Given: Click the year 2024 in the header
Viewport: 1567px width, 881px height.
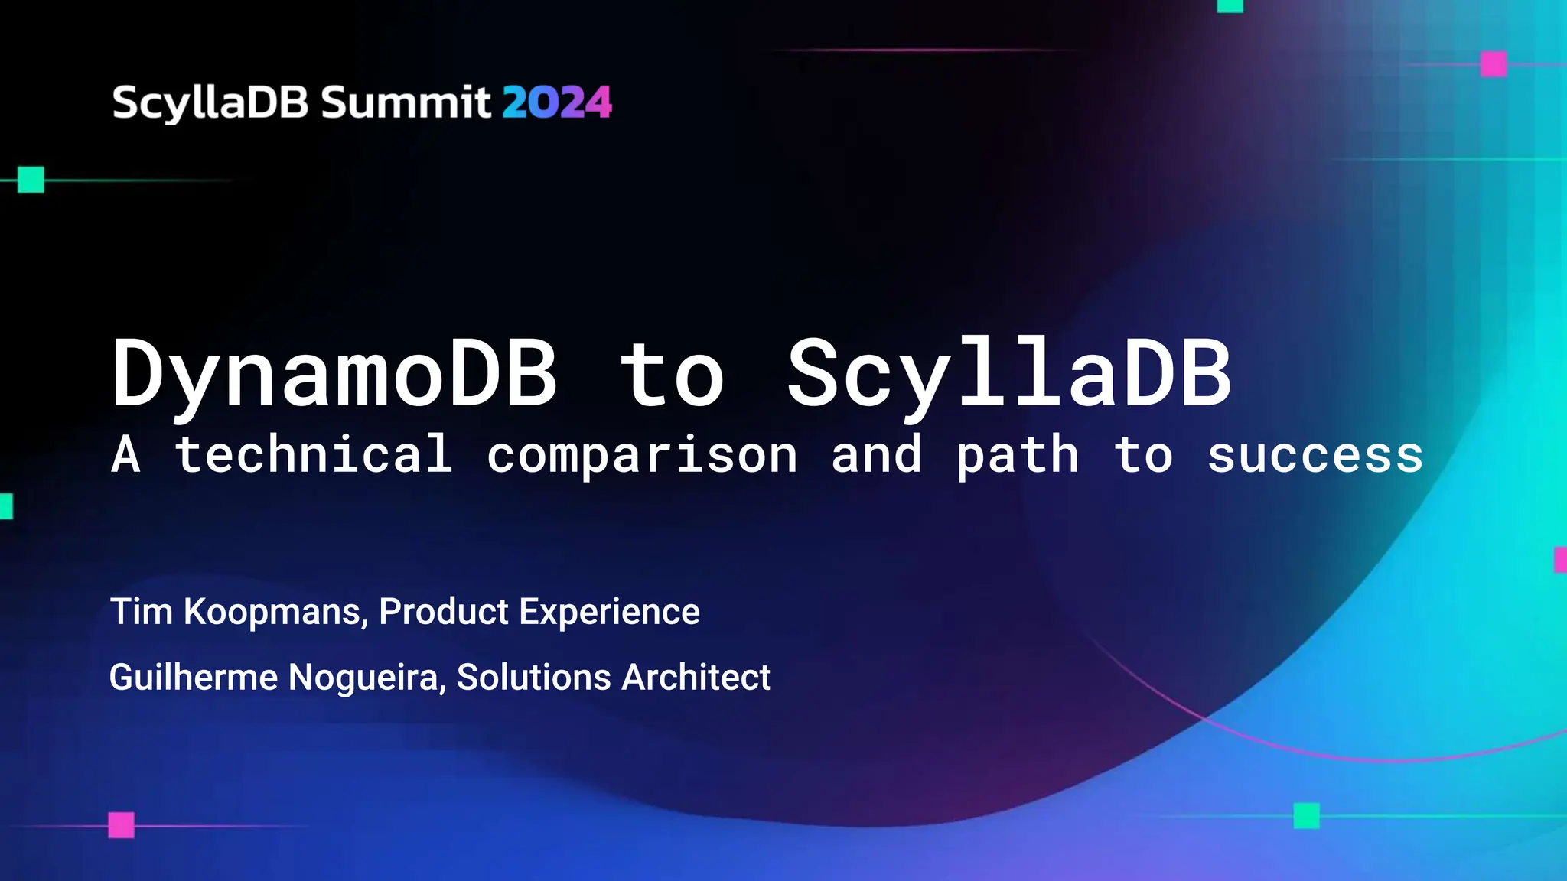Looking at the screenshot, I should pos(557,102).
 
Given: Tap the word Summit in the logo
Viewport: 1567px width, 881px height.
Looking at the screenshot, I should pos(406,102).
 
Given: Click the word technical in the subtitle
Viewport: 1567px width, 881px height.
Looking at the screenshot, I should pos(313,454).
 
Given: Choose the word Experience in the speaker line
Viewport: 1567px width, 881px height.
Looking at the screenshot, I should pos(609,612).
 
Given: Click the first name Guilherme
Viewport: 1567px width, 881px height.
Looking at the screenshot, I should pos(194,678).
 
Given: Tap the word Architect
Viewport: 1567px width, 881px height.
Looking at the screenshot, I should pos(696,678).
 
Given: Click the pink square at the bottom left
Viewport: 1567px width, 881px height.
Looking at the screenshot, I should pos(121,825).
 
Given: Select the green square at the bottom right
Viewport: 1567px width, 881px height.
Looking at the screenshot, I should pos(1306,816).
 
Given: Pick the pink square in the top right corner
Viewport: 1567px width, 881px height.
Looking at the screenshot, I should pos(1494,64).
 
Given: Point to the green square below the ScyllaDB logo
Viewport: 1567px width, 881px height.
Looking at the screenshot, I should pos(31,180).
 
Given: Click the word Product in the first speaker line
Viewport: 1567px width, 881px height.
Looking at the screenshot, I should pos(444,612).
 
